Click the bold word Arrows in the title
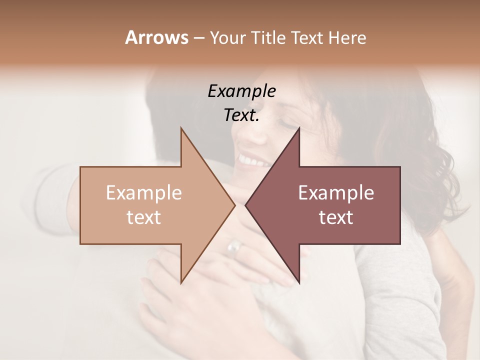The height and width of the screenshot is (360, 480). tap(156, 38)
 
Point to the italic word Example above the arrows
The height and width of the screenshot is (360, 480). tap(242, 91)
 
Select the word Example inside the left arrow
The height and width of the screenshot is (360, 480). tap(144, 193)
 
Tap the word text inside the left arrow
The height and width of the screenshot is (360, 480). tap(144, 217)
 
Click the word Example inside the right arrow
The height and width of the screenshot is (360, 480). tap(336, 193)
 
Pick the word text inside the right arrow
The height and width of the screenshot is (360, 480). tap(336, 217)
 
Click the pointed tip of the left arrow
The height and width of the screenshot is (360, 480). tap(234, 205)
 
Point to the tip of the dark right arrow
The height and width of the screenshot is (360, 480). tap(245, 205)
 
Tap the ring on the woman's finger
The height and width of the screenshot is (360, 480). tap(234, 246)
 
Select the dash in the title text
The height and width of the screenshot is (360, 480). tap(198, 38)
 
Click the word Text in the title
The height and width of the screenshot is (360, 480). tap(305, 38)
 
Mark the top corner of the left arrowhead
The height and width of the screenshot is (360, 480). tap(181, 128)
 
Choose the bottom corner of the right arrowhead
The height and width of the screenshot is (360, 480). tap(299, 283)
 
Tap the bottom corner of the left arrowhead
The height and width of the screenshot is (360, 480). tap(181, 282)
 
